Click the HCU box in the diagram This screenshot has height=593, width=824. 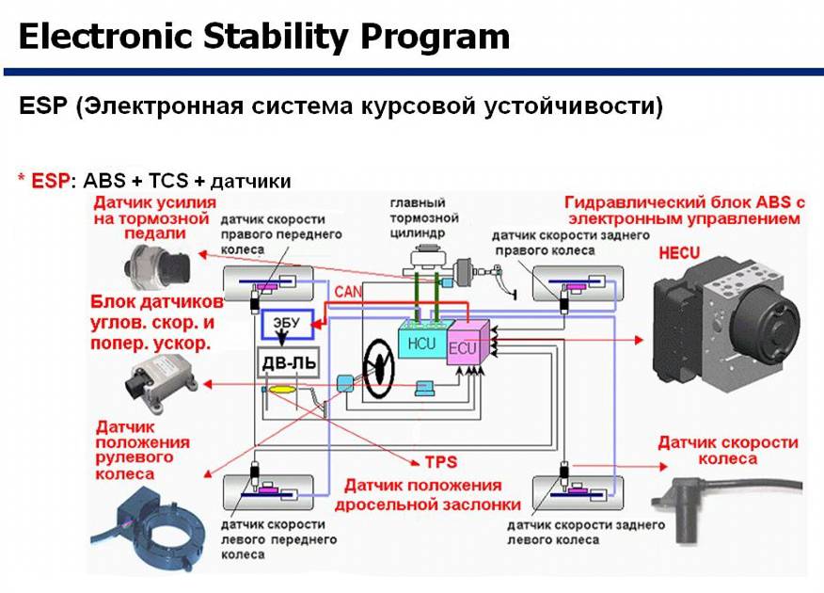tap(420, 343)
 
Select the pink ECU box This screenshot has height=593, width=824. tap(465, 345)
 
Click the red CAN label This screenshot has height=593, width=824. tap(348, 293)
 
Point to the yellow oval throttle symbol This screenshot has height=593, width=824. tap(281, 390)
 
